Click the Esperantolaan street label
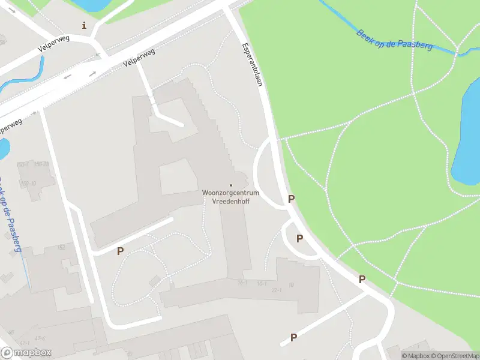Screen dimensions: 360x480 coord(252,64)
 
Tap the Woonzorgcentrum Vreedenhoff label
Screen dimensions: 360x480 coord(230,197)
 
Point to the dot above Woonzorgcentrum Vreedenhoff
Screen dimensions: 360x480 coord(231,185)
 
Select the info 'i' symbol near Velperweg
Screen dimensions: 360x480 coord(84,25)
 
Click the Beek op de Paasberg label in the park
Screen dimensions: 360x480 coord(394,40)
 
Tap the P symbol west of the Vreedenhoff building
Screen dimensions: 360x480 coord(120,251)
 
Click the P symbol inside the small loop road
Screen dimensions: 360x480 coord(299,238)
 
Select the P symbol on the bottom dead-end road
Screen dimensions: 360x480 coord(293,337)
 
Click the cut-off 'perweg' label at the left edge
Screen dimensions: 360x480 coord(11,126)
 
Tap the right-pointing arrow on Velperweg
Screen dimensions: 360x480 coord(93,74)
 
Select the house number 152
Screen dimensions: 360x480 coord(61,247)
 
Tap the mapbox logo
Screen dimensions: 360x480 coord(26,353)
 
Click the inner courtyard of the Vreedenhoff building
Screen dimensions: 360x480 coord(178,177)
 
